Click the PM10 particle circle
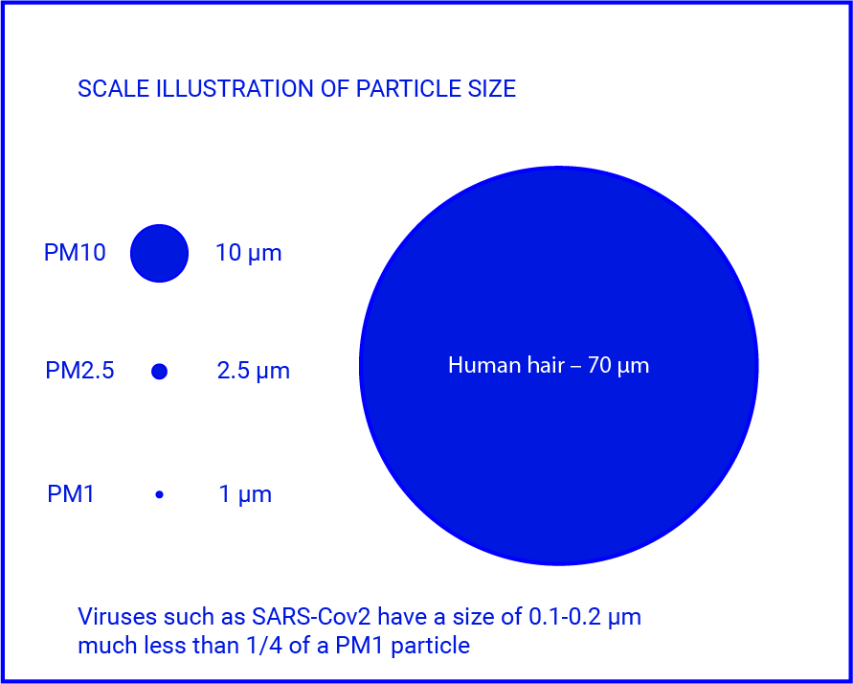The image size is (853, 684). (159, 253)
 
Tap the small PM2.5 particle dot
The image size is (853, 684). (159, 371)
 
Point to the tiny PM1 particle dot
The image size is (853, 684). (159, 494)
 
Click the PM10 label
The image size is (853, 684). (75, 253)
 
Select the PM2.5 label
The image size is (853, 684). (79, 371)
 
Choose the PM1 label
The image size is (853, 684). (71, 494)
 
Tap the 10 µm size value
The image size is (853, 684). (249, 254)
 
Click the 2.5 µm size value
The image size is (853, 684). (254, 372)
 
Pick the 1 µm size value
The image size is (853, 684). (245, 495)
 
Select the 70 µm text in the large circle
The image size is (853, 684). (617, 366)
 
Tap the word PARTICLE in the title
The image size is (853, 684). (409, 89)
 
